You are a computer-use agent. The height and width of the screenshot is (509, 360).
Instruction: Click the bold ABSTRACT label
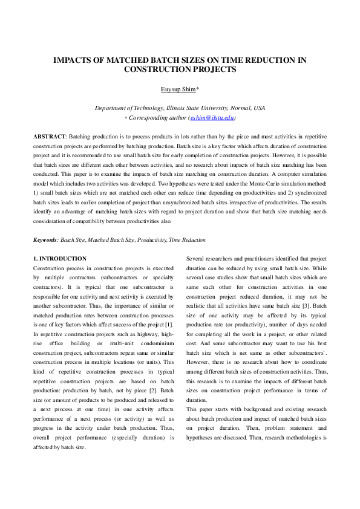51,137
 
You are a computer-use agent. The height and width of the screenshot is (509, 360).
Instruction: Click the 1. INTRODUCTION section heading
60,259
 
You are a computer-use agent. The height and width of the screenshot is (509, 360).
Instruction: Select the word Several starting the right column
197,259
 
